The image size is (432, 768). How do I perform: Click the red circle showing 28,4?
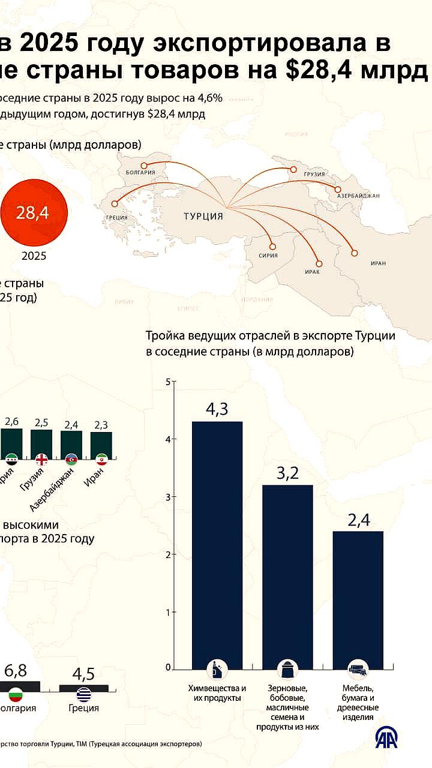[x=33, y=214]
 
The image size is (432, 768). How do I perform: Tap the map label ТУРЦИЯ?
[x=203, y=217]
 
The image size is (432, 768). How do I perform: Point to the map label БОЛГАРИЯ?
[x=141, y=172]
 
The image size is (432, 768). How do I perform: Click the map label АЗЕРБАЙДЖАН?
[x=358, y=196]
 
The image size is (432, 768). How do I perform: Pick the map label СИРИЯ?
[x=269, y=255]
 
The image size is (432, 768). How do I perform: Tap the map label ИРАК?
[x=312, y=272]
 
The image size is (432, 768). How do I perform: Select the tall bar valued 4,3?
[x=217, y=545]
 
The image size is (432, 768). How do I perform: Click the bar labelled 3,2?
[x=288, y=576]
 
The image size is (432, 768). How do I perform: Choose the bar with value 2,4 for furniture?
[x=358, y=600]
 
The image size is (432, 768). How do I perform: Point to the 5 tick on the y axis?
[x=169, y=382]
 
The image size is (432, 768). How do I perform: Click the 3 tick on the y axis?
[x=169, y=497]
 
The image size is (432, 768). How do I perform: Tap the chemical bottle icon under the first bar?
[x=217, y=669]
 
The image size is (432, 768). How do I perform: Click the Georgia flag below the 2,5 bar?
[x=42, y=460]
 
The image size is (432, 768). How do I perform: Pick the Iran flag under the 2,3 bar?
[x=101, y=460]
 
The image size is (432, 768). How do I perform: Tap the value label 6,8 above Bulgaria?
[x=15, y=671]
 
